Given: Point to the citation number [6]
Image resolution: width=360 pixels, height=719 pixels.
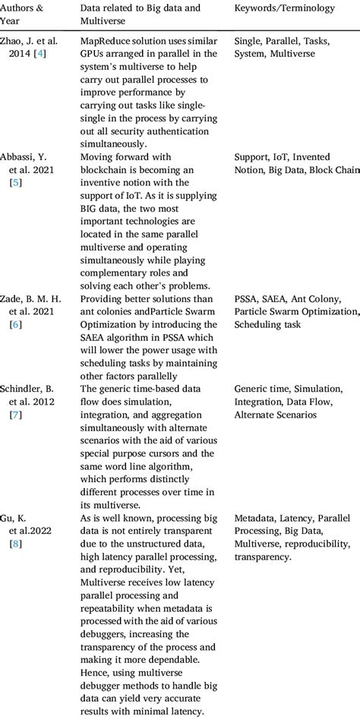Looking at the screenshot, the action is point(15,324).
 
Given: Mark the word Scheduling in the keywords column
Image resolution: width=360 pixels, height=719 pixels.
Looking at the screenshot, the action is point(257,324).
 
